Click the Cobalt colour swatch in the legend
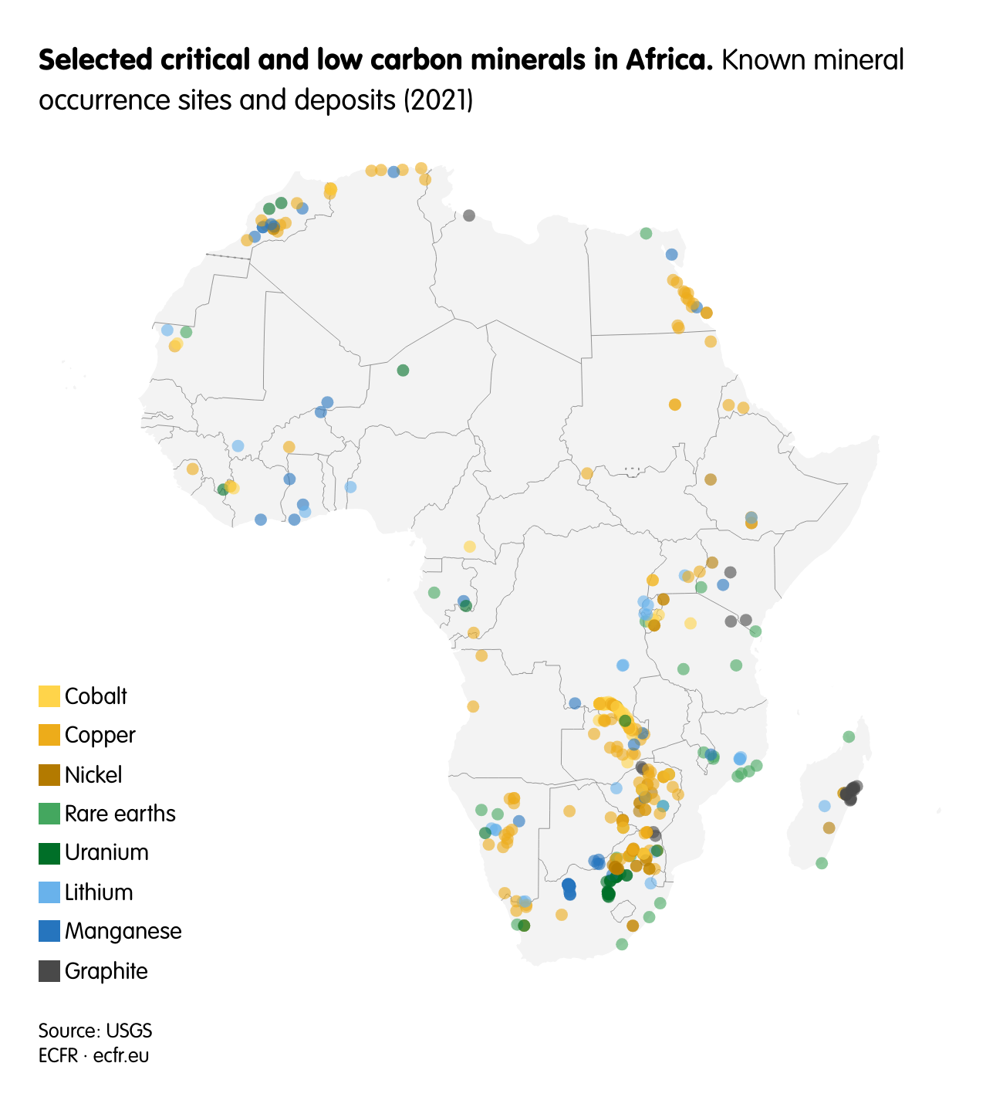pos(49,696)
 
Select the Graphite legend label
pos(106,970)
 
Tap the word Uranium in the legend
pos(106,852)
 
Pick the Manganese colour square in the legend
pos(49,931)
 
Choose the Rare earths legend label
pos(120,813)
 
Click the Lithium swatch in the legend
pos(49,892)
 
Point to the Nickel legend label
pos(93,774)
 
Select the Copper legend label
pos(100,735)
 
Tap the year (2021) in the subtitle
pos(438,100)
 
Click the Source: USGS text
pos(95,1031)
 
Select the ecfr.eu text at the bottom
pos(121,1055)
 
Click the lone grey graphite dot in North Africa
pos(469,215)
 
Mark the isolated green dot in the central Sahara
pos(403,371)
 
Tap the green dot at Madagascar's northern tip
pos(849,736)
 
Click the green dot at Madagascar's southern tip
pos(822,863)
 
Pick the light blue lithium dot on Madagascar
pos(824,806)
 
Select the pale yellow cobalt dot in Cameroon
pos(469,547)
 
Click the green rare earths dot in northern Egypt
pos(646,233)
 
